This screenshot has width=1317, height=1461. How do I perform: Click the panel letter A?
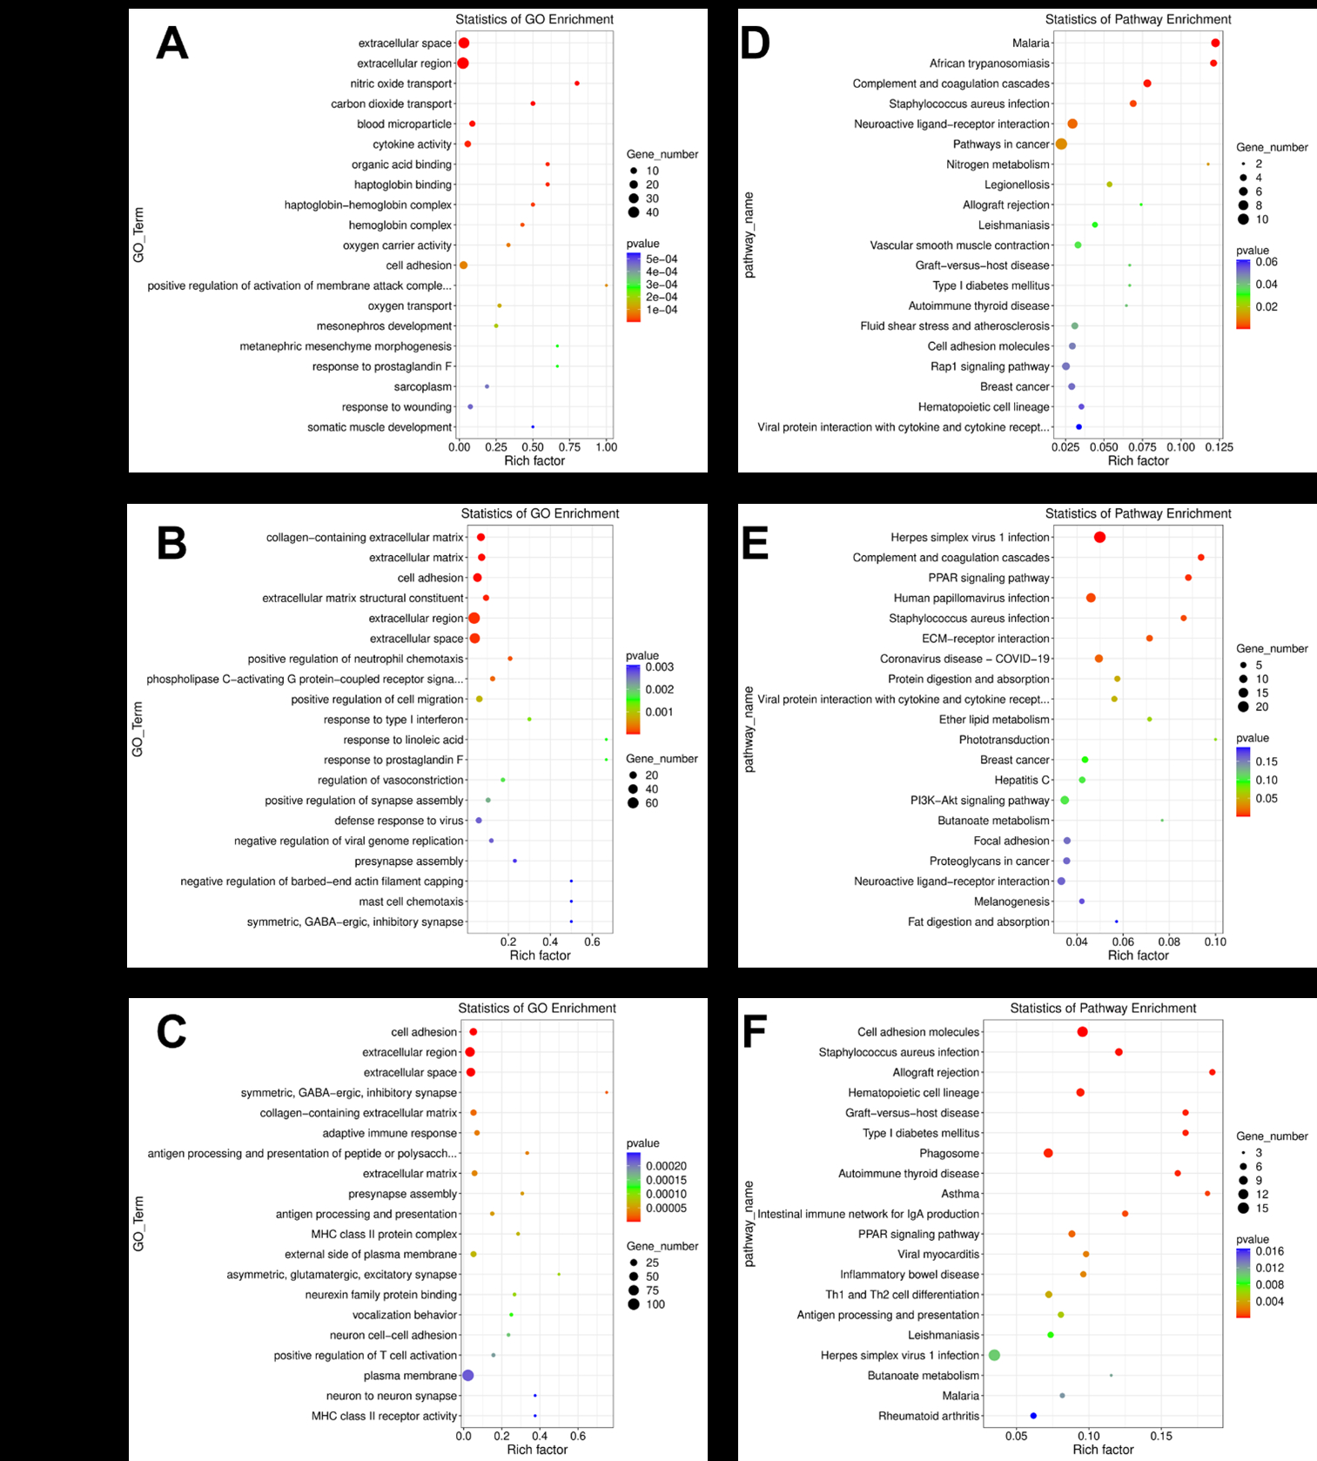click(171, 44)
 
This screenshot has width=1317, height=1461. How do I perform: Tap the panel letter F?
click(753, 1033)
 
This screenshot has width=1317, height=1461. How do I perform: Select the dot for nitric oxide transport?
click(577, 84)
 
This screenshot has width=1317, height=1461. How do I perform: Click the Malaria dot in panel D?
click(1215, 44)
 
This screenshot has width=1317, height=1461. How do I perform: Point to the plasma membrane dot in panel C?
click(467, 1376)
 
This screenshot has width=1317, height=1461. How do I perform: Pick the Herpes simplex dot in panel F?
click(994, 1355)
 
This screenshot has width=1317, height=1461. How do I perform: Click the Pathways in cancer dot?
click(1061, 144)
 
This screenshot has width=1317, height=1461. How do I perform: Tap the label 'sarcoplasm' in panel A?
click(423, 387)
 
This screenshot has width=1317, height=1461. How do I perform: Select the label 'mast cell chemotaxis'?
click(411, 901)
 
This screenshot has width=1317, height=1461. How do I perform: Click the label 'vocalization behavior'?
click(405, 1315)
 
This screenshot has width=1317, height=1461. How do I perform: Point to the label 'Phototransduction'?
click(1004, 740)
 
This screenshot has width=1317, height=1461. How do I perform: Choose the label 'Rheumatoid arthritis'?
click(929, 1416)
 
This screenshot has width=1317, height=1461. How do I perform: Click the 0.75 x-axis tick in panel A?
click(569, 447)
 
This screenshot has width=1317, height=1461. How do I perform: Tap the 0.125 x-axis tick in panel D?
click(1220, 447)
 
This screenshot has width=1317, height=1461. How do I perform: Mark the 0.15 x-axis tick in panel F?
click(1160, 1436)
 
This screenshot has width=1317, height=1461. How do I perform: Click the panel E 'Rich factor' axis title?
click(1138, 955)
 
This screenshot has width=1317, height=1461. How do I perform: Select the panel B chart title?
click(540, 513)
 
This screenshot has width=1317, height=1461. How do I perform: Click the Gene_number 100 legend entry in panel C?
click(655, 1304)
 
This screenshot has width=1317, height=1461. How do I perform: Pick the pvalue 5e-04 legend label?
click(662, 259)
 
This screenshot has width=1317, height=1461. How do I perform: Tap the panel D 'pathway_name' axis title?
click(749, 235)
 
